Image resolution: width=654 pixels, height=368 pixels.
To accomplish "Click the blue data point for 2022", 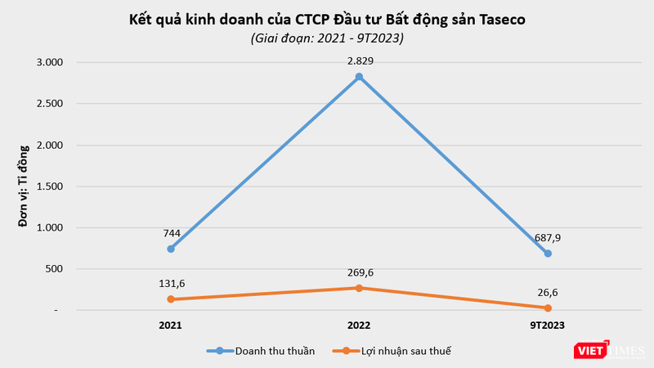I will point(359,77).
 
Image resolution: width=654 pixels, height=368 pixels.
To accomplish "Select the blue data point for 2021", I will point(171,249).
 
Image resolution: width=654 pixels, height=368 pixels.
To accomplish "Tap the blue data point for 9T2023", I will point(548,254).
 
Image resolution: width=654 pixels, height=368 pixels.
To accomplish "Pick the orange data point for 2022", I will point(359,288).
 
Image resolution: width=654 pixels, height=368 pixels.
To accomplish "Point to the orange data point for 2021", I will point(171,299).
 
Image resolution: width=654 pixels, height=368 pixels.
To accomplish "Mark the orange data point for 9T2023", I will point(548,307).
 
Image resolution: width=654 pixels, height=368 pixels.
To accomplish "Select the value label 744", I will point(171,232).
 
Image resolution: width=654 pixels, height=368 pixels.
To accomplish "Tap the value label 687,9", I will point(546,237).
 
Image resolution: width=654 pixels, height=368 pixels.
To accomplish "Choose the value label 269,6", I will point(359,272).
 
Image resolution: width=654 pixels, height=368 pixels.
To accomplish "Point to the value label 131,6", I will point(171,283).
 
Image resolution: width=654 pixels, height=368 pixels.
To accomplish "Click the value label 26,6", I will point(548,292).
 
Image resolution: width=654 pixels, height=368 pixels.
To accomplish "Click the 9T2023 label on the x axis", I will point(547,325).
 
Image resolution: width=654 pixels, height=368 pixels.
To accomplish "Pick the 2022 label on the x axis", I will point(359,325).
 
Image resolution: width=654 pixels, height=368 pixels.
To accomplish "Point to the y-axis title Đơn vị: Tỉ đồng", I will point(24,186).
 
